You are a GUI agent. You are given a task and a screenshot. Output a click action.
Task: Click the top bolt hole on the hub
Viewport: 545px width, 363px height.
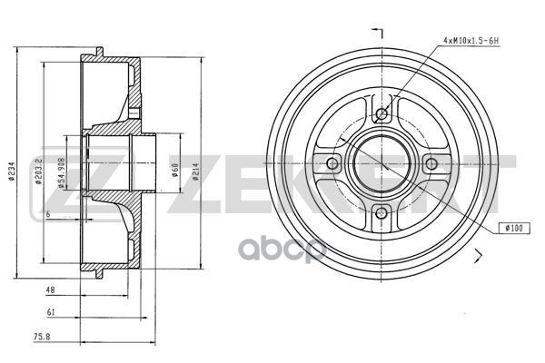coord(381,115)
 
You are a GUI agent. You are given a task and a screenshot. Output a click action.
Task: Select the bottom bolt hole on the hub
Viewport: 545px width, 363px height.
coord(381,211)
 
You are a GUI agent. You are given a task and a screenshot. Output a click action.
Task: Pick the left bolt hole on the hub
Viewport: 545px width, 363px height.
coord(332,163)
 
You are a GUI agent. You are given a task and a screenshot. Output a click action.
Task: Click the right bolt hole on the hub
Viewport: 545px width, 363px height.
coord(429,163)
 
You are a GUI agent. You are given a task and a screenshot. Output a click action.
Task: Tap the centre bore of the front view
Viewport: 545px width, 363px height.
coord(381,163)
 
